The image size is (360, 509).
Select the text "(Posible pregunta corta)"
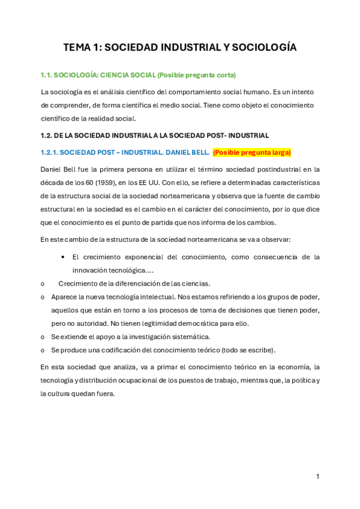coord(197,75)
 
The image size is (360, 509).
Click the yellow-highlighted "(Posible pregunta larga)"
coord(252,152)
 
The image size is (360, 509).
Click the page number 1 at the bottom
coord(317,476)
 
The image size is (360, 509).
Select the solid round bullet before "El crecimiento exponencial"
coord(64,257)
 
